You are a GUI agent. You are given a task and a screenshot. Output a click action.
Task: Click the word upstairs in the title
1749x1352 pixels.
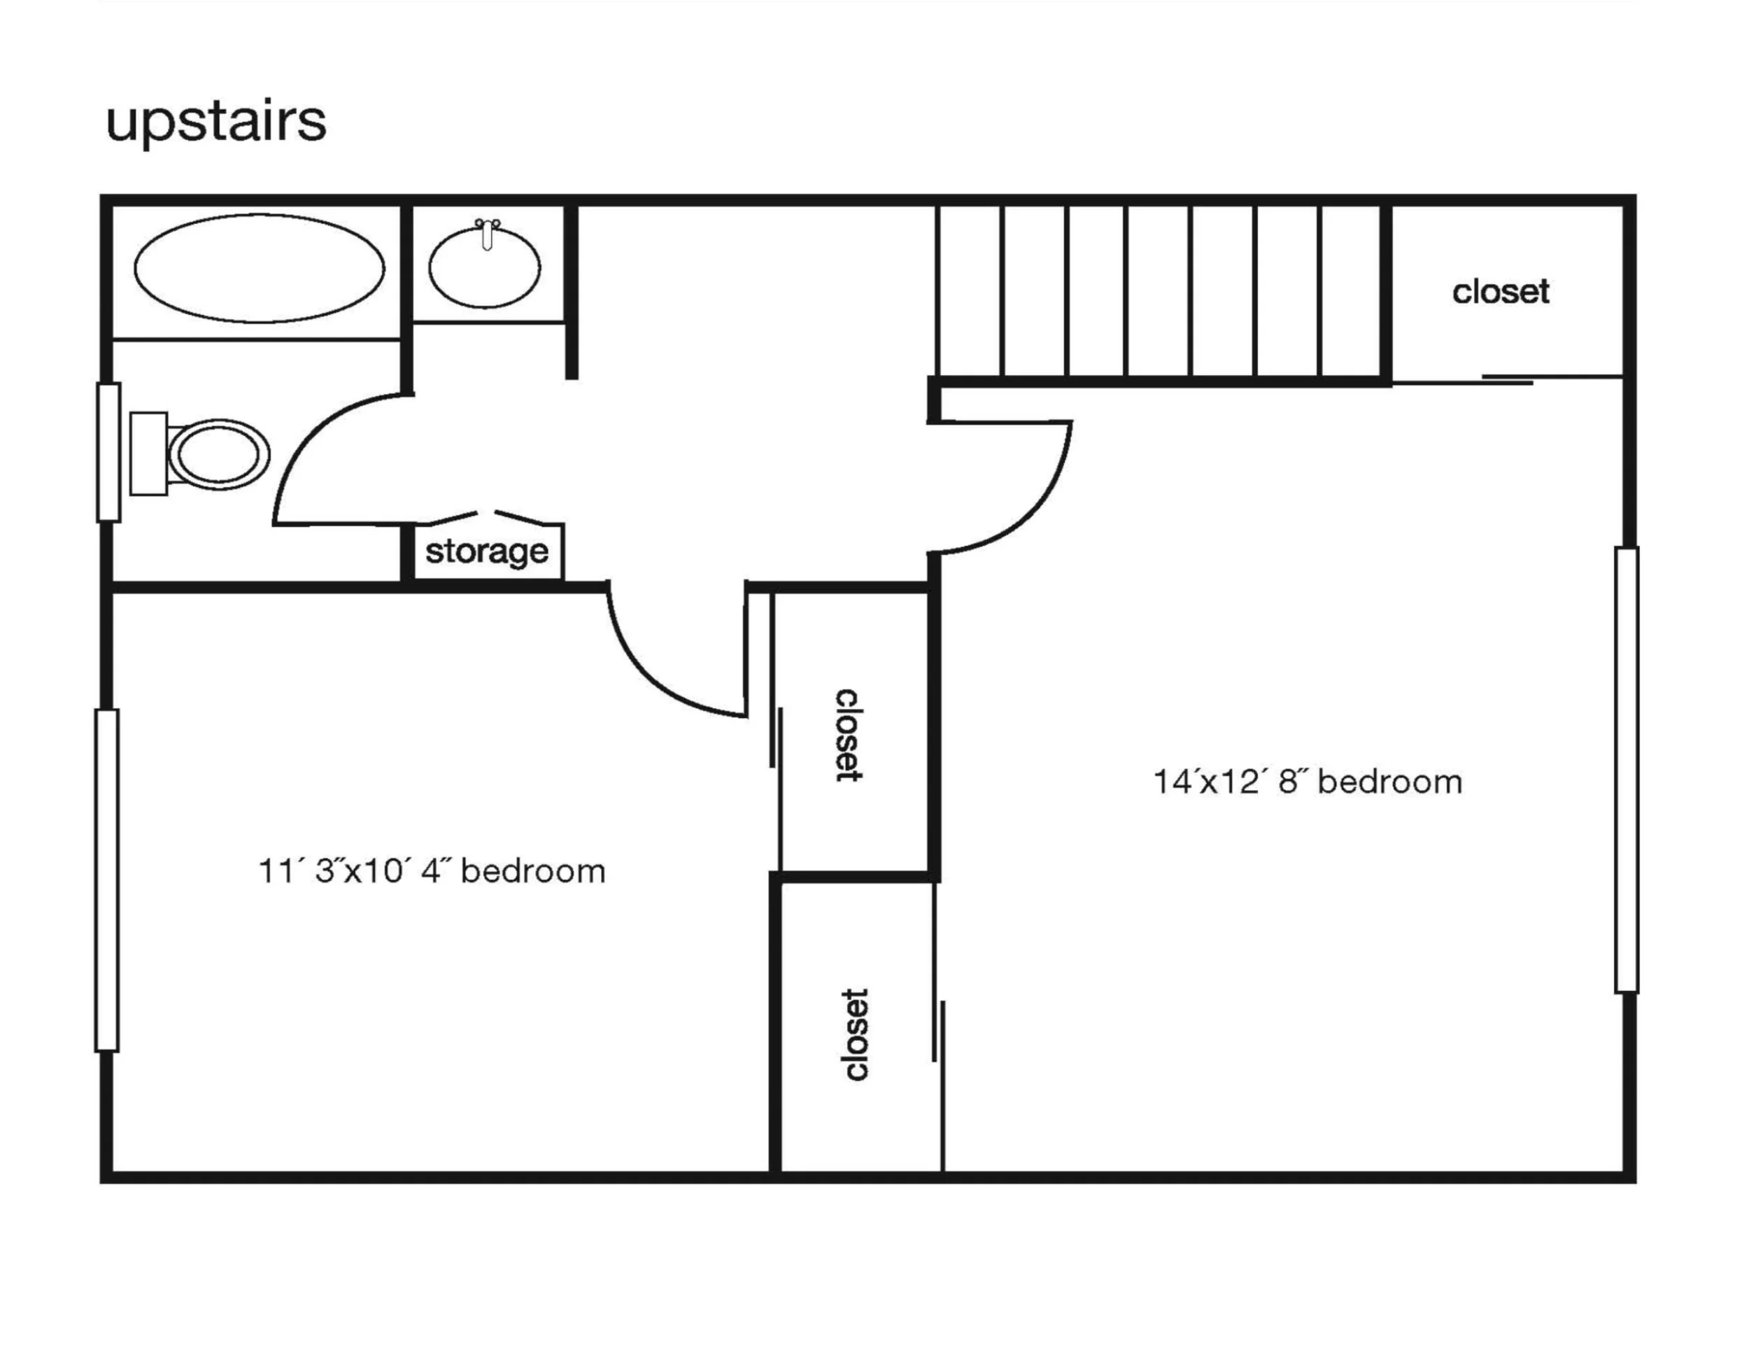click(x=215, y=122)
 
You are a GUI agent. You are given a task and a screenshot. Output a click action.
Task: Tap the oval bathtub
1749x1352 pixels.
click(x=259, y=268)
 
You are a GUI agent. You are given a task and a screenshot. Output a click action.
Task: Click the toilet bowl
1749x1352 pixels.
click(x=218, y=454)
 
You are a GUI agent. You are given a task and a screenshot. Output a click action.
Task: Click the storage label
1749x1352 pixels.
click(x=486, y=551)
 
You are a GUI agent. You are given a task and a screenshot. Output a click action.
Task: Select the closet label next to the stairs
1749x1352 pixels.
click(x=1500, y=292)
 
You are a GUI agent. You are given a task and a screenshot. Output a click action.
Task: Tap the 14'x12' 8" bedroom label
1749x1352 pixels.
click(x=1307, y=782)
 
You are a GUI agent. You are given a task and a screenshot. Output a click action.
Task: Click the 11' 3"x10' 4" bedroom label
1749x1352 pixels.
click(x=432, y=871)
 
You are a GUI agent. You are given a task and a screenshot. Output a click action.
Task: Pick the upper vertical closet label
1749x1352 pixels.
click(x=848, y=735)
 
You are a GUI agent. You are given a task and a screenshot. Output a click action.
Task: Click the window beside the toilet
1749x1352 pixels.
click(x=109, y=453)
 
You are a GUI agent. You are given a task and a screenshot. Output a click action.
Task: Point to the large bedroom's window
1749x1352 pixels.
click(x=1627, y=770)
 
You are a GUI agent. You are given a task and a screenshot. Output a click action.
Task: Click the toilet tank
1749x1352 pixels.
click(x=149, y=454)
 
